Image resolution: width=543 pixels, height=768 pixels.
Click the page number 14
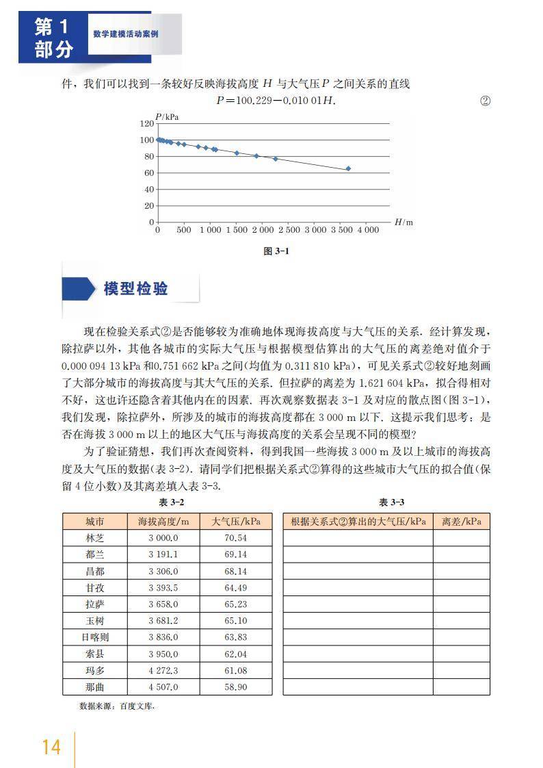pos(51,745)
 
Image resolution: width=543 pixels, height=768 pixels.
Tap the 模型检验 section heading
pos(135,288)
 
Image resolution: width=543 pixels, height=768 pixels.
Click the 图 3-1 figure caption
pos(276,251)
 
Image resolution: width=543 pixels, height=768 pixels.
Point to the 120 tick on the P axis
pos(146,123)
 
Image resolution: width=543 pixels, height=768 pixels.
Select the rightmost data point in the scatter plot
pos(348,168)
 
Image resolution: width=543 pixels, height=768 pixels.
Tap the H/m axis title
pos(403,222)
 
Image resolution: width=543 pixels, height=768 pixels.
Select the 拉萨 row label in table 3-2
pos(95,604)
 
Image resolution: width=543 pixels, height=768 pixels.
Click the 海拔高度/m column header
pos(163,522)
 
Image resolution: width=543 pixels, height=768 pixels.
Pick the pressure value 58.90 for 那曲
pos(235,687)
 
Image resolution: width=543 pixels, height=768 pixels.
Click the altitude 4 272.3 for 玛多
pos(163,670)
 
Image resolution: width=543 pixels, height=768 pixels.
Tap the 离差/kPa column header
pos(461,522)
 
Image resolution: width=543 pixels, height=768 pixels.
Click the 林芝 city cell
pos(95,538)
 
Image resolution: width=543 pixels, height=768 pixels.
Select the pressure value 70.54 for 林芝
pos(235,538)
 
